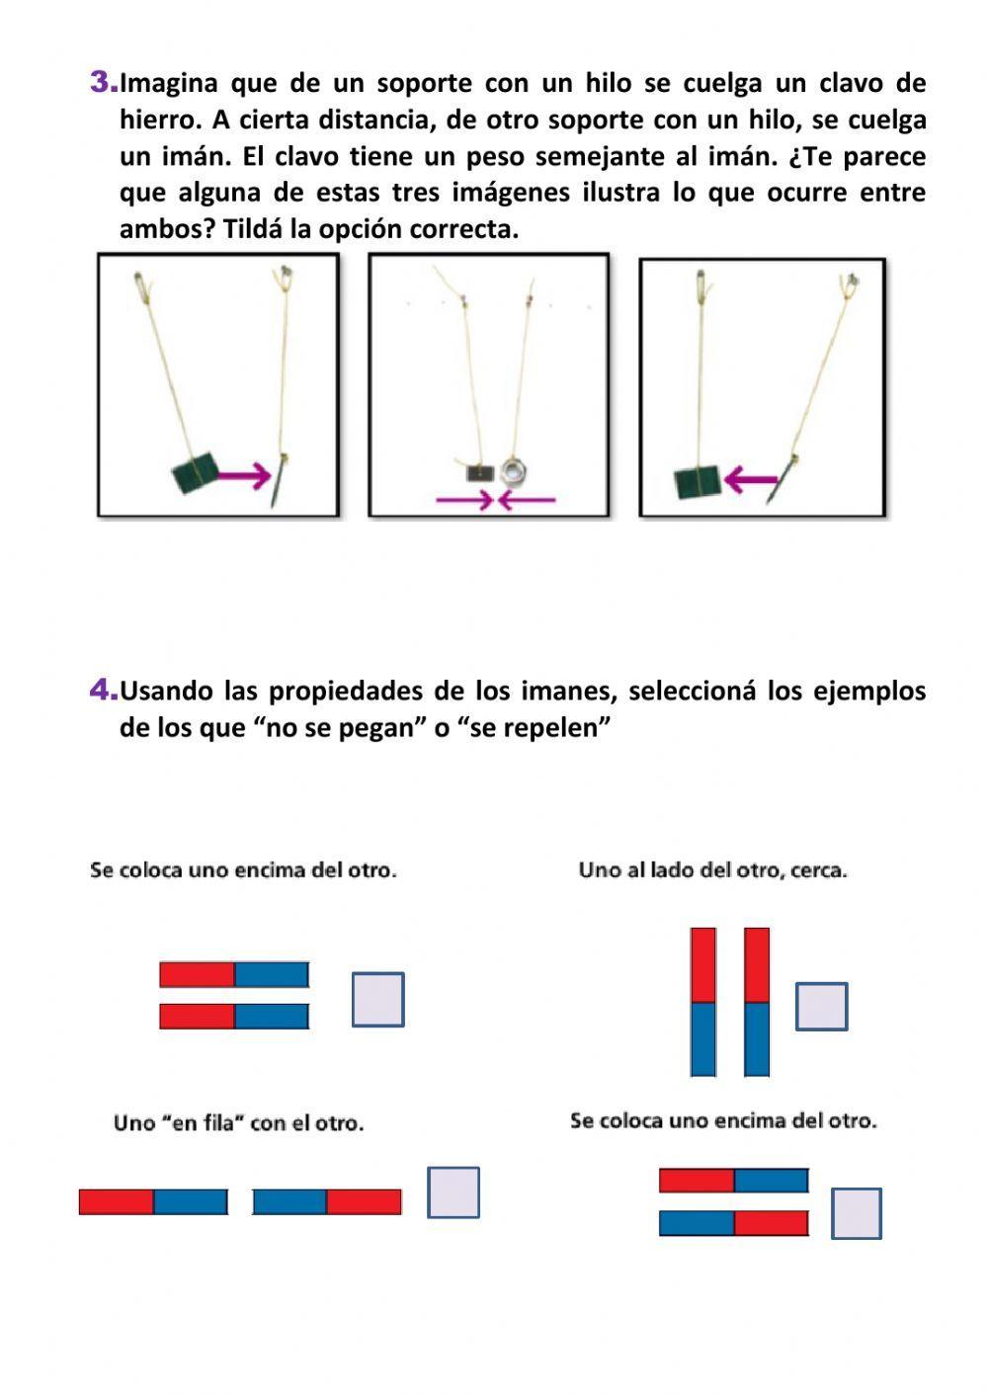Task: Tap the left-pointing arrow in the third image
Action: [x=751, y=480]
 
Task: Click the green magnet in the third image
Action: [x=699, y=483]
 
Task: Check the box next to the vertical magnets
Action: [x=821, y=1007]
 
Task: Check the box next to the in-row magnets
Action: [x=453, y=1192]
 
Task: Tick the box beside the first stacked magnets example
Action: [x=377, y=1000]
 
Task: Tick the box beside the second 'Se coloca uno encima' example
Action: [x=856, y=1213]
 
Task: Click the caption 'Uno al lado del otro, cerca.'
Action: [x=712, y=870]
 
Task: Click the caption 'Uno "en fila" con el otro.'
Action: [x=238, y=1123]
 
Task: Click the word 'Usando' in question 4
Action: [x=166, y=691]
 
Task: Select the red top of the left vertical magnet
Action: [x=702, y=965]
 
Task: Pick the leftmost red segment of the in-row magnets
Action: [x=117, y=1202]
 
